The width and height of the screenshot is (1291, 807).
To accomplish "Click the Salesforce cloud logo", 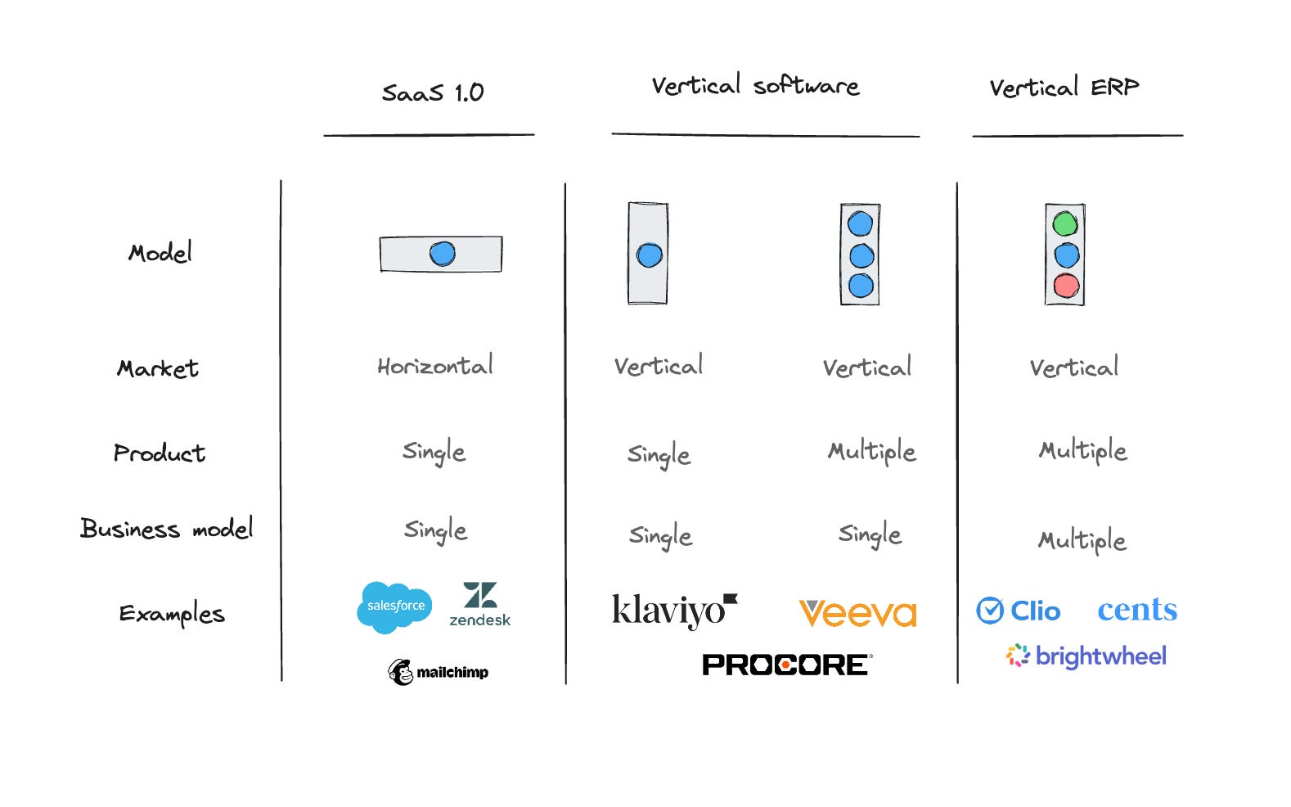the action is point(394,607).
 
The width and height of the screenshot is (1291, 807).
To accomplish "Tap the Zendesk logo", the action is point(479,604).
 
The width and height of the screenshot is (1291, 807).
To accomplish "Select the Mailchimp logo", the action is point(438,672).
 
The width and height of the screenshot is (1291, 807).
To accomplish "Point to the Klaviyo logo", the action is point(674,611).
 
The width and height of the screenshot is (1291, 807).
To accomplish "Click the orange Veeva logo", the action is point(857,613).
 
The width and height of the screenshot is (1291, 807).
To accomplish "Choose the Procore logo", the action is point(787,665).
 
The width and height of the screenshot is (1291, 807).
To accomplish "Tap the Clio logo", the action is point(1019,611).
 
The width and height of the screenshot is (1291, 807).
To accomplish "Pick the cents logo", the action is point(1137,610).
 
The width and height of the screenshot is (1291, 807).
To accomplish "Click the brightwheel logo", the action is point(1086,656).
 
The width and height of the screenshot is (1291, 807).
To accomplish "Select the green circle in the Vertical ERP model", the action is point(1065,223).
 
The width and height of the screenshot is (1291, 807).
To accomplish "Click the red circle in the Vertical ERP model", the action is point(1066,286).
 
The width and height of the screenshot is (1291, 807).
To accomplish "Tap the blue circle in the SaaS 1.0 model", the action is point(443,254).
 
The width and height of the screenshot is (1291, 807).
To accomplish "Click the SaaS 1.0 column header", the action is point(433,92).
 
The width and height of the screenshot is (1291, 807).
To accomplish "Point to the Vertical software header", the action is point(756,85).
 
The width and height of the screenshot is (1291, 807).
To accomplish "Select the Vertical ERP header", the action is point(1064,88).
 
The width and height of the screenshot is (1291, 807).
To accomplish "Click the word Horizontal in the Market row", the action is point(435,366).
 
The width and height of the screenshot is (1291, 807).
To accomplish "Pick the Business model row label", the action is point(167,528).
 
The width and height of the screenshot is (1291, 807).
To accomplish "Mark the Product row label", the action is point(159,453).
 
